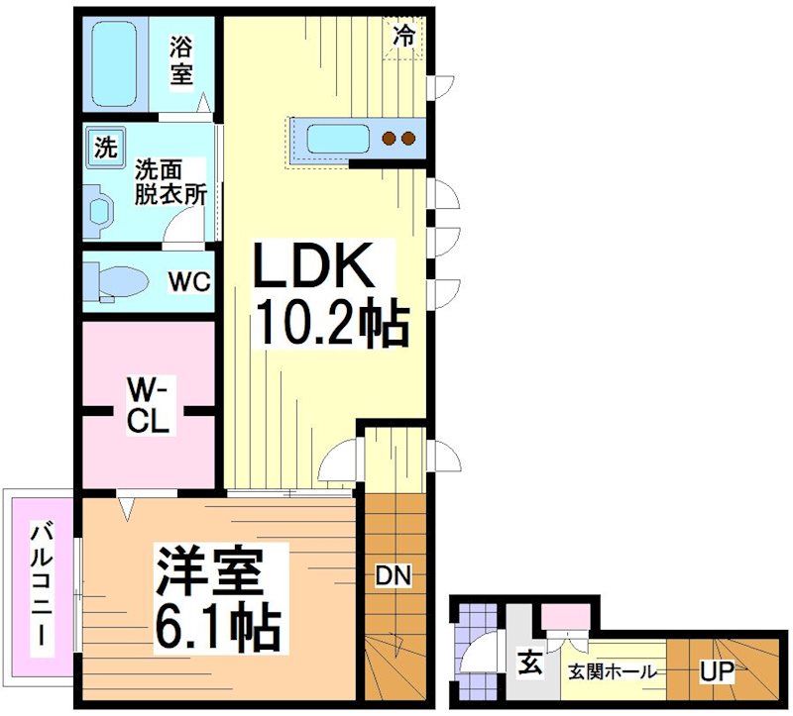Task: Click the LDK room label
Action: pos(315,267)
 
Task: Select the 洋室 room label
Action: pos(209,571)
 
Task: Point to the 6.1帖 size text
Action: pos(216,625)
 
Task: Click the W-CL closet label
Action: pos(148,406)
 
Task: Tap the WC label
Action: pos(188,281)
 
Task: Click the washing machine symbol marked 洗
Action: pos(104,148)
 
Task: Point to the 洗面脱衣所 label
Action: pos(171,181)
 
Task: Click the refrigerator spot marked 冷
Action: pos(404,36)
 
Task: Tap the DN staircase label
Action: pos(394,575)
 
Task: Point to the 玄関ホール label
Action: pos(612,671)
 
